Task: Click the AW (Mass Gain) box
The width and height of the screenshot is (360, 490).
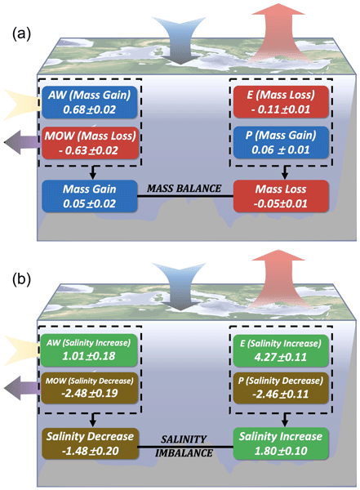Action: pos(89,102)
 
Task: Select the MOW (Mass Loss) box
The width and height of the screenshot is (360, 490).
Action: pos(90,143)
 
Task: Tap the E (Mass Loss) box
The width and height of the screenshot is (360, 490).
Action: pos(281,102)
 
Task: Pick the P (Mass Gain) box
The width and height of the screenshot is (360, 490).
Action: pos(281,142)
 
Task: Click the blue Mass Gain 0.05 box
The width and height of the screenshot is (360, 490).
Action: pos(89,196)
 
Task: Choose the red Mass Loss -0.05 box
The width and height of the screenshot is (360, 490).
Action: pos(281,196)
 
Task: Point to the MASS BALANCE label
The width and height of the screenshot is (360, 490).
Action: pos(184,189)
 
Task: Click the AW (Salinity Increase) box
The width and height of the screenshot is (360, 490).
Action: pos(89,350)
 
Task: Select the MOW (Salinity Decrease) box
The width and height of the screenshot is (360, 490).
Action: pos(89,388)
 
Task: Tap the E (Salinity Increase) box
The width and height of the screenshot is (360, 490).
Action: pos(281,350)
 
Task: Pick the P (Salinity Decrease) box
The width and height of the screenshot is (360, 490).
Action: pos(281,388)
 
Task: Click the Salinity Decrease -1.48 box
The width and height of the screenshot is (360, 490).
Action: pos(90,443)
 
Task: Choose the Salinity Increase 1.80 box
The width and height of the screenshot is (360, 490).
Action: pos(281,443)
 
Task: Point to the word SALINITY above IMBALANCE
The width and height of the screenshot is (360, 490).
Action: pos(184,439)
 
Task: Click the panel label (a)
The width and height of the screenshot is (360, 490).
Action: pos(21,33)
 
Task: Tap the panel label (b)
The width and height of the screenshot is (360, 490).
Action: pos(21,279)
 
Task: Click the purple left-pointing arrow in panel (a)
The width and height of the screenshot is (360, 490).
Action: pos(22,142)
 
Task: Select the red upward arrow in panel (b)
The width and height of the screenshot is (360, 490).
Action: pos(278,278)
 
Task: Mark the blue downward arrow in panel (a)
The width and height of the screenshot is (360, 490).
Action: pos(179,41)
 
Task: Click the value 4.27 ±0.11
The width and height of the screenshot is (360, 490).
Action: pos(281,357)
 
